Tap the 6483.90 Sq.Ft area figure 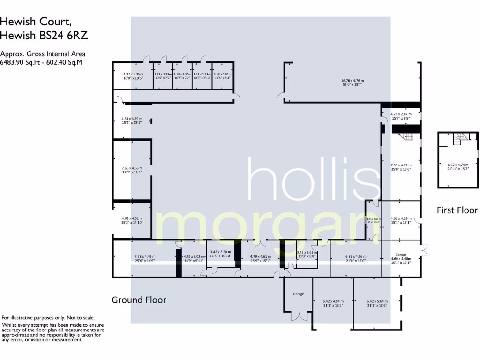tap(22, 62)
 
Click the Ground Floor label tap(139, 300)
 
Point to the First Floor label tap(457, 210)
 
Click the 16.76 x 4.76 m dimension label tap(352, 81)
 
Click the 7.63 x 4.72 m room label tap(401, 165)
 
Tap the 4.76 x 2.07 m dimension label tap(401, 114)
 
